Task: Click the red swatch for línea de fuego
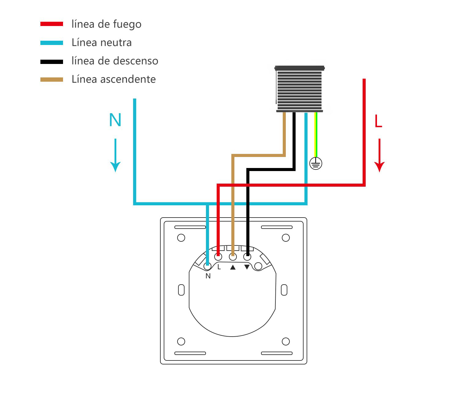[52, 24]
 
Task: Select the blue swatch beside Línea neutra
[52, 43]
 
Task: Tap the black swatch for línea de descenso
[52, 62]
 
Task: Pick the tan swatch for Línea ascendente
[52, 80]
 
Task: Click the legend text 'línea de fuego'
[106, 24]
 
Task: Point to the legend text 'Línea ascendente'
[114, 79]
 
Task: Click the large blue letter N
[115, 120]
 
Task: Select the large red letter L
[378, 121]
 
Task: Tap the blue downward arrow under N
[115, 155]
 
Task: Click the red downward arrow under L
[379, 155]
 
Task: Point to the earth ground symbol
[315, 163]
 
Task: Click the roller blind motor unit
[300, 89]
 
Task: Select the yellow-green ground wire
[316, 135]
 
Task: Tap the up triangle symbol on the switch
[233, 267]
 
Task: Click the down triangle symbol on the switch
[247, 267]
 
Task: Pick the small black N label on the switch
[208, 276]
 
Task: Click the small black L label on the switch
[219, 267]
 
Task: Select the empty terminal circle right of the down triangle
[258, 267]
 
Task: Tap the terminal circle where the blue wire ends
[207, 267]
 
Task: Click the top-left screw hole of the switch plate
[181, 238]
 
